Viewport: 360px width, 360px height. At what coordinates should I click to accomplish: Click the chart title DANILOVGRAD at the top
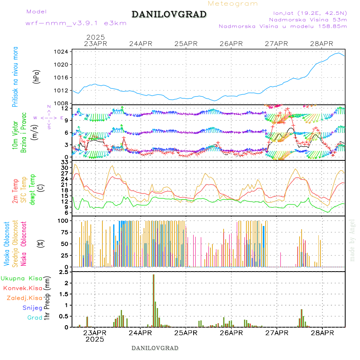(x=169, y=14)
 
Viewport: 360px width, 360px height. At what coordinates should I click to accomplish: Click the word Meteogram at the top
(x=233, y=4)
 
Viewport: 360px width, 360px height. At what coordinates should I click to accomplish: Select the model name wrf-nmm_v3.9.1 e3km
(x=76, y=23)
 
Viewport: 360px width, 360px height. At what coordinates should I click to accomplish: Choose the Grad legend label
(x=34, y=318)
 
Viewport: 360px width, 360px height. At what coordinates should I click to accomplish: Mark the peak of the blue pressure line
(x=338, y=53)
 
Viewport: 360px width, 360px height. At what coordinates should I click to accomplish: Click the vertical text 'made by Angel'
(x=352, y=240)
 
